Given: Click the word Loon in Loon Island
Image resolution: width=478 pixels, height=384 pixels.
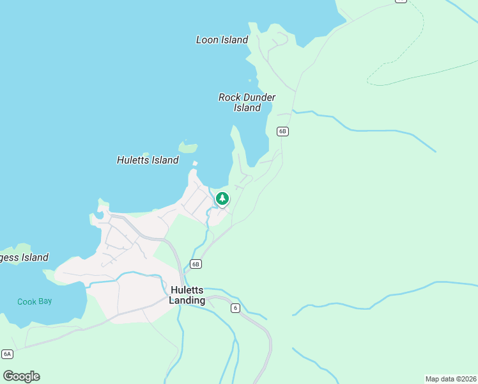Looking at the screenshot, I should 207,40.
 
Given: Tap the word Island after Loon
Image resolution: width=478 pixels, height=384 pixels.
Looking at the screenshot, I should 234,40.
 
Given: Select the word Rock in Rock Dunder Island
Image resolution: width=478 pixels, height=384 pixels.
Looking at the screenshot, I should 229,97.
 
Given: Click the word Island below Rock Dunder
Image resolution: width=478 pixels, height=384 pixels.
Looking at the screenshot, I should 247,108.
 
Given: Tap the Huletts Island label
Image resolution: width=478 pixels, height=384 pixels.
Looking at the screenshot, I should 148,160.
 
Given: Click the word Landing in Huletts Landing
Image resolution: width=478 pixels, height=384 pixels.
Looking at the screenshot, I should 187,300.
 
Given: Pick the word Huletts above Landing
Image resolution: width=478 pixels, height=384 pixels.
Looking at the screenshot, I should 187,290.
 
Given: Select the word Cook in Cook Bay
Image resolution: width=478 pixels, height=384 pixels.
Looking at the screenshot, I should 27,301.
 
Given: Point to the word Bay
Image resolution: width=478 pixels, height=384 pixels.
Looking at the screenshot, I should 45,301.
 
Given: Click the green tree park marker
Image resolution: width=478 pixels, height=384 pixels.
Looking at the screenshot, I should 222,199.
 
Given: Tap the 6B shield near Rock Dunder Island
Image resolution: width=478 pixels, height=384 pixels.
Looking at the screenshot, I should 283,131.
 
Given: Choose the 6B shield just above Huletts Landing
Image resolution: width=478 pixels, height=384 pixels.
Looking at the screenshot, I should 196,264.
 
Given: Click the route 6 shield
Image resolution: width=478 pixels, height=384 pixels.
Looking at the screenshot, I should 235,308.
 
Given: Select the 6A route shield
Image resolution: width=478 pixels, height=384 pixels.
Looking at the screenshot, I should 7,354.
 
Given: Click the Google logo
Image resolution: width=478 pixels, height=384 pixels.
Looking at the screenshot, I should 21,376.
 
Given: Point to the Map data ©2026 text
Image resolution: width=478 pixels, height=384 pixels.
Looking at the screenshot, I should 451,379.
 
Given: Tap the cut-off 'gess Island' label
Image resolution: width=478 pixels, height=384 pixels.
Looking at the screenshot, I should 24,257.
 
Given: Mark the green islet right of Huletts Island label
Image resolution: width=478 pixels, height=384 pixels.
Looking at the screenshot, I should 188,147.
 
